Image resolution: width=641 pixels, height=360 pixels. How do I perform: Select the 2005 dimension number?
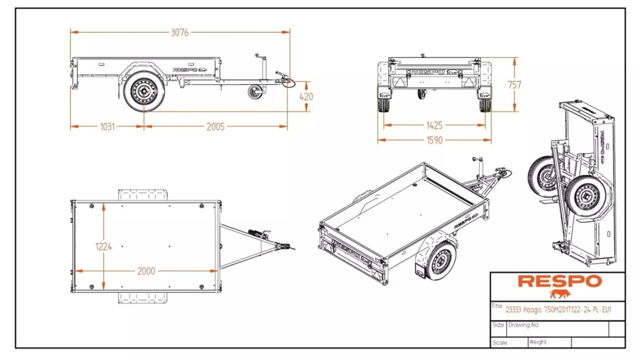click(x=215, y=126)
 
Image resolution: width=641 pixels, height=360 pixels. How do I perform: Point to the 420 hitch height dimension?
click(x=306, y=97)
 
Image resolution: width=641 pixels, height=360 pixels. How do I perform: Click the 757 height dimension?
click(x=514, y=85)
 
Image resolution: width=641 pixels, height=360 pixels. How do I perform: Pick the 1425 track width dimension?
click(x=434, y=125)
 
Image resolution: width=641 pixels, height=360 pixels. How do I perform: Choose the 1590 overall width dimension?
click(x=434, y=140)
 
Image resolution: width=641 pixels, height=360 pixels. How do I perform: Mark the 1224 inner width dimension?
click(x=103, y=246)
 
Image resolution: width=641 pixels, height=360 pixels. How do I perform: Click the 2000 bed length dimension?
click(x=146, y=271)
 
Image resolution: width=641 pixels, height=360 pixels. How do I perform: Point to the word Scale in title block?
click(x=500, y=342)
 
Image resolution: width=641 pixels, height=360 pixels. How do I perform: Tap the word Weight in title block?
click(x=538, y=342)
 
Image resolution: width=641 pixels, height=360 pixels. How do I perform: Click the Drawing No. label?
click(x=523, y=325)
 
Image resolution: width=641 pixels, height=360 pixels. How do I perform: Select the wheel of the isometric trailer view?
click(x=437, y=260)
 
